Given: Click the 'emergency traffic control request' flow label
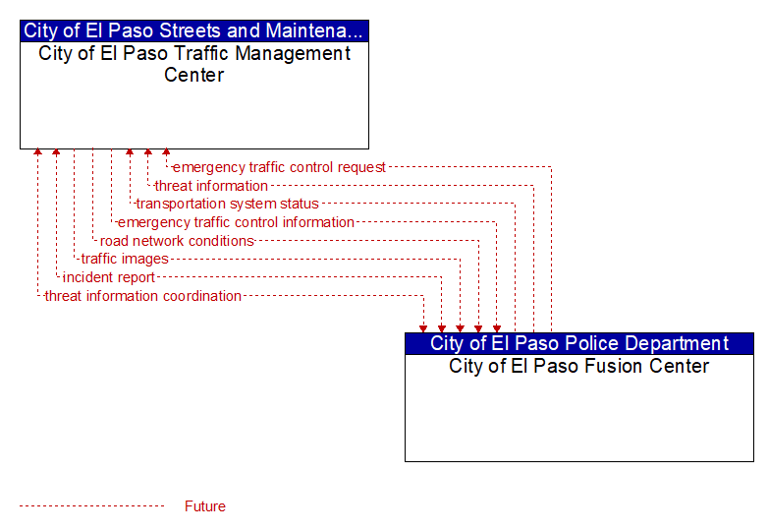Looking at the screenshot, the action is click(279, 167).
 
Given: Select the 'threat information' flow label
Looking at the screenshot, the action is click(211, 186).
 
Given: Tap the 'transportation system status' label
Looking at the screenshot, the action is click(227, 204).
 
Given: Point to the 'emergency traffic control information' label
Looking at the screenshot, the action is click(236, 222).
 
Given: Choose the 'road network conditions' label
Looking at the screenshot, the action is click(177, 241).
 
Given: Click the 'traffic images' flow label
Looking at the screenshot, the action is click(125, 259).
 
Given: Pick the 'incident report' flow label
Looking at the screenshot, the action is click(109, 277).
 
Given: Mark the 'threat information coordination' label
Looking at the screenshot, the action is click(143, 296).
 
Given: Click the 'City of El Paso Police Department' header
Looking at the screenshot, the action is click(579, 344).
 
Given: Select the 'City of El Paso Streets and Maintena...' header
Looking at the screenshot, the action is click(193, 30).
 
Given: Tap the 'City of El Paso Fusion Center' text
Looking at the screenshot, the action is click(578, 366).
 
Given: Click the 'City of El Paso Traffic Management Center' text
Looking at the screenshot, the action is click(194, 64).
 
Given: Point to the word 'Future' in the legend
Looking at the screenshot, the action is click(205, 506).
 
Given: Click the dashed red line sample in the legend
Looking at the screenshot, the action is click(91, 506).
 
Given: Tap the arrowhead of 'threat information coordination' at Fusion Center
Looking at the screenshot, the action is click(423, 329).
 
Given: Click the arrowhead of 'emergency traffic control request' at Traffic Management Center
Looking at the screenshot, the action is click(166, 152).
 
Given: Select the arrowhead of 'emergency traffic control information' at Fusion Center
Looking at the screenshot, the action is click(497, 329).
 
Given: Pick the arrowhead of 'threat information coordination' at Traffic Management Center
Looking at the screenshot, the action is click(37, 152).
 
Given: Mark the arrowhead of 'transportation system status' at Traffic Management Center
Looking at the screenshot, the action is click(130, 152).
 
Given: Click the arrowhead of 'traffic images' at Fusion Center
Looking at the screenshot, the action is click(460, 329).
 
